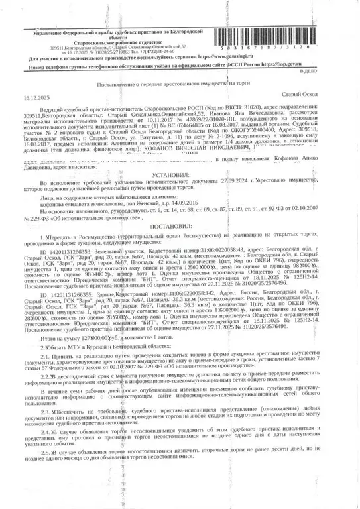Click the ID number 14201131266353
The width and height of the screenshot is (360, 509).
pyautogui.click(x=70, y=252)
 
